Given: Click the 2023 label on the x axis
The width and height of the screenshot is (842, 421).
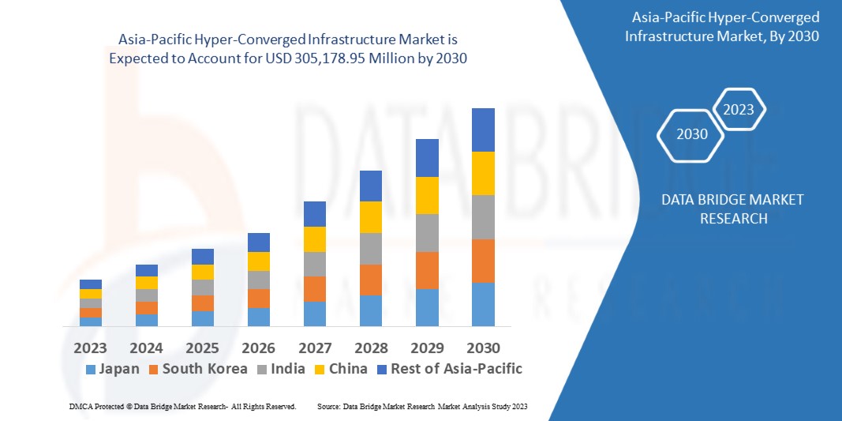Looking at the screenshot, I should [x=91, y=348].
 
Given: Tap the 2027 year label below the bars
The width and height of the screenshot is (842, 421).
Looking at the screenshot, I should [x=315, y=348].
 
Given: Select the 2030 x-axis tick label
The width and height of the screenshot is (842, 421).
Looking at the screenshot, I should [x=483, y=348].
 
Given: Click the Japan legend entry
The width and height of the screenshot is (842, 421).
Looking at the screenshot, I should [x=112, y=369].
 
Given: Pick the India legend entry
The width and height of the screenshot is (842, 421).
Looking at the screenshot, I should [x=283, y=369].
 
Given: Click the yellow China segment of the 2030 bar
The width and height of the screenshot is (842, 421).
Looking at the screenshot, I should [x=483, y=173].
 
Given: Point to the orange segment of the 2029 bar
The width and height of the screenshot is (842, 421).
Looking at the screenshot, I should [x=427, y=270].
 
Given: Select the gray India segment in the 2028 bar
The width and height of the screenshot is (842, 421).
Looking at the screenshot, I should [x=371, y=249].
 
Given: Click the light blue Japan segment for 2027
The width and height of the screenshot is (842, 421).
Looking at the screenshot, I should [x=315, y=314].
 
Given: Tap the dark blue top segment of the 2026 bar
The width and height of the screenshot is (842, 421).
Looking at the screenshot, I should [x=259, y=242].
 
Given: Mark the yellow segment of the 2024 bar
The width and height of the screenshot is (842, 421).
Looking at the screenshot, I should [x=147, y=283].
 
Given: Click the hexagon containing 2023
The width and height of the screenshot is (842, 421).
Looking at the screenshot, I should [x=739, y=110].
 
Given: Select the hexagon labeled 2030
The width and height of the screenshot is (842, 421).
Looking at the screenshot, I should [x=691, y=133].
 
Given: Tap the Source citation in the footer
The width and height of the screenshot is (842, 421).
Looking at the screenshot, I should [x=421, y=406].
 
